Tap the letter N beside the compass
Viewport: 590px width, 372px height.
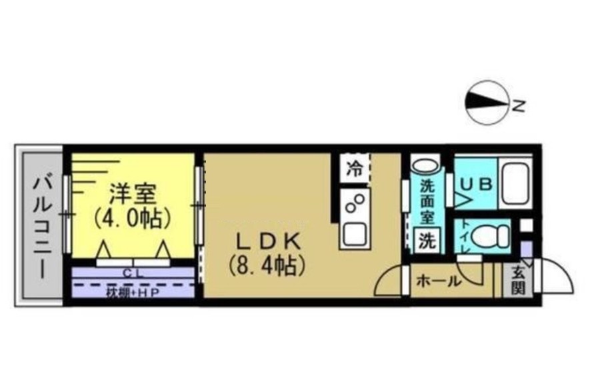[x=519, y=105]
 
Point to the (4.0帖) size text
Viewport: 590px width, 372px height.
[x=133, y=218]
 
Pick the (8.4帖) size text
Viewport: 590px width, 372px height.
[x=266, y=267]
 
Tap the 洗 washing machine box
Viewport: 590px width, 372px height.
[x=426, y=241]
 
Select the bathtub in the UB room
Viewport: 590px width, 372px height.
[x=516, y=183]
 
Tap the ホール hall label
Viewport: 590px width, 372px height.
[x=437, y=281]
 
